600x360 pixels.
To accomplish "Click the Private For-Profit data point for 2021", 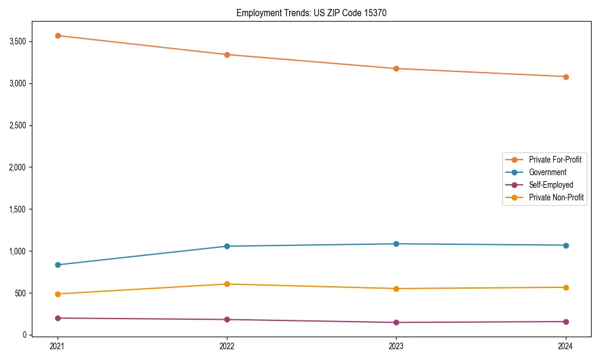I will pyautogui.click(x=58, y=35).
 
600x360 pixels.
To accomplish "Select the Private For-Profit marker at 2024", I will pyautogui.click(x=566, y=77).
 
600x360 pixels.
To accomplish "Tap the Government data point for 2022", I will pyautogui.click(x=227, y=246).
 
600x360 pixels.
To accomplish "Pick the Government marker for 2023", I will pyautogui.click(x=396, y=244).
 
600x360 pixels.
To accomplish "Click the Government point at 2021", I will pyautogui.click(x=58, y=265).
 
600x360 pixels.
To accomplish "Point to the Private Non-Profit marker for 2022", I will pyautogui.click(x=227, y=284).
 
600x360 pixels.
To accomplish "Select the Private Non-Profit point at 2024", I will pyautogui.click(x=566, y=287).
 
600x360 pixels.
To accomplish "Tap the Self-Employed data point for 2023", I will pyautogui.click(x=396, y=322).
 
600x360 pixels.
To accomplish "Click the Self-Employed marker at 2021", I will pyautogui.click(x=58, y=318).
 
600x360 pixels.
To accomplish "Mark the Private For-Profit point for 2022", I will pyautogui.click(x=227, y=55).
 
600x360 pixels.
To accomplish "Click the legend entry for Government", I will pyautogui.click(x=547, y=172).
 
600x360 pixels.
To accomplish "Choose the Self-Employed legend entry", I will pyautogui.click(x=551, y=185).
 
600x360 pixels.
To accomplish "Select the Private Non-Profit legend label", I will pyautogui.click(x=556, y=197).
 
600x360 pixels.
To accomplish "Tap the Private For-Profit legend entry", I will pyautogui.click(x=555, y=160).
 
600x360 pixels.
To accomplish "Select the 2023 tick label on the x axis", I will pyautogui.click(x=396, y=346).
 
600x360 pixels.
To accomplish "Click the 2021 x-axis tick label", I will pyautogui.click(x=58, y=346).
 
